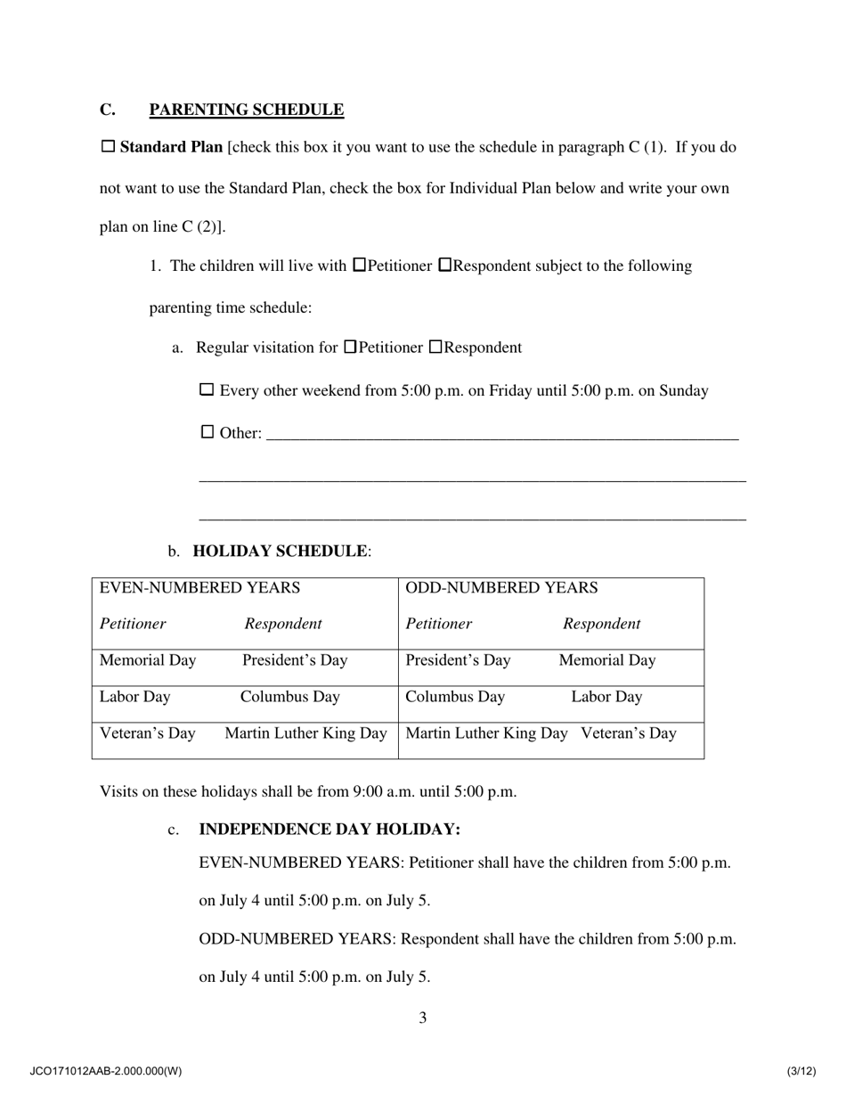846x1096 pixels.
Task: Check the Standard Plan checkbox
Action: [x=108, y=146]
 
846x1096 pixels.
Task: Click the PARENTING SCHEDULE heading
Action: [x=246, y=110]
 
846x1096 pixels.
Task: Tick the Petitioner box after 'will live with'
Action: [x=360, y=265]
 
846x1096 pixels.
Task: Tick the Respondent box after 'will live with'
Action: [x=446, y=265]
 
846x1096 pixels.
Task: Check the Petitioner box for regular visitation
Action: [x=350, y=347]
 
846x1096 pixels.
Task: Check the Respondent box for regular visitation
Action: [x=435, y=347]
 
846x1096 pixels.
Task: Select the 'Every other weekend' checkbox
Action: [x=207, y=389]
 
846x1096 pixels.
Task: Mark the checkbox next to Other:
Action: [x=207, y=432]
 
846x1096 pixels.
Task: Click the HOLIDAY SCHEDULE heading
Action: [x=279, y=552]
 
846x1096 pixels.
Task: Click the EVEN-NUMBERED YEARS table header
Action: [x=199, y=588]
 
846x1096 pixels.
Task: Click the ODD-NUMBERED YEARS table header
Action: [x=501, y=588]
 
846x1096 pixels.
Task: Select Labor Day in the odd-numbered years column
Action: [x=606, y=697]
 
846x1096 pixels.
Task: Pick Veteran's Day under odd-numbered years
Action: [x=629, y=733]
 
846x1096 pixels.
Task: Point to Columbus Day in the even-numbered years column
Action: [x=289, y=697]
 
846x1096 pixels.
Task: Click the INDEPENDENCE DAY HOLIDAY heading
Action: [x=329, y=830]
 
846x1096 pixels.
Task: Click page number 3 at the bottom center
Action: [x=423, y=1018]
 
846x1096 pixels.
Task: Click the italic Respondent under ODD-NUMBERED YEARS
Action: [x=601, y=624]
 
